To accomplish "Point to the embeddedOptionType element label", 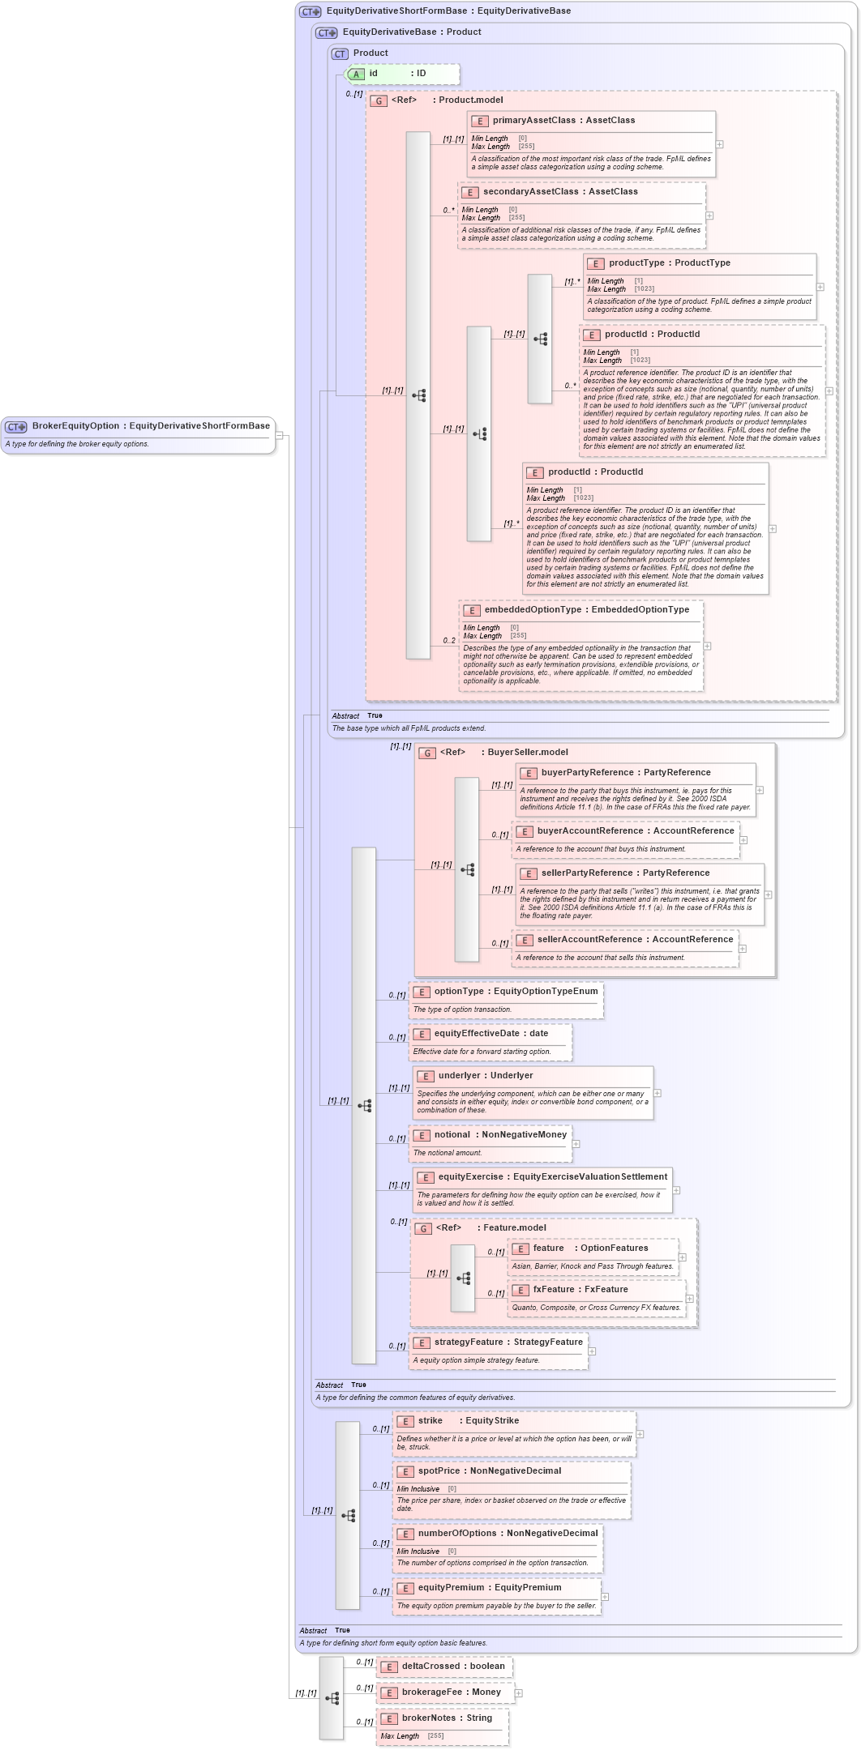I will coord(533,610).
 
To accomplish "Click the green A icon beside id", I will coord(356,75).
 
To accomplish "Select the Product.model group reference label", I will coord(470,100).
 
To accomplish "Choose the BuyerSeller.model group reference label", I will coord(527,753).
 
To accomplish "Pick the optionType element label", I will coord(459,992).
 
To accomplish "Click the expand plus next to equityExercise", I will coord(676,1190).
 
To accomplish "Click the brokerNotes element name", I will coord(429,1718).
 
